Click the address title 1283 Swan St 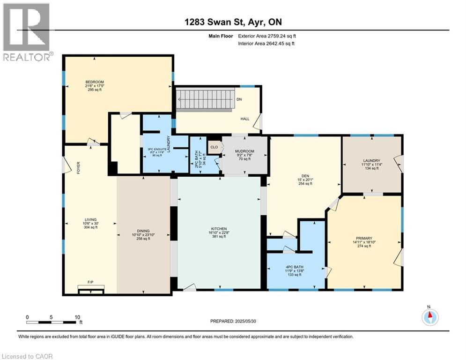pos(233,22)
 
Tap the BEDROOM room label pos(94,82)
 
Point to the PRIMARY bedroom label pos(364,238)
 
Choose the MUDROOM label pos(244,151)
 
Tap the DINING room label pos(143,231)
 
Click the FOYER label pos(79,168)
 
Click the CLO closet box pos(214,147)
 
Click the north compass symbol pos(429,317)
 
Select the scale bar pos(52,322)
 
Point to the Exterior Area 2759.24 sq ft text pos(266,36)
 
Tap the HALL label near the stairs pos(244,119)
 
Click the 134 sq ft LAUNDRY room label pos(370,164)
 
